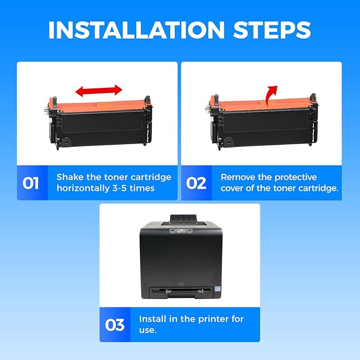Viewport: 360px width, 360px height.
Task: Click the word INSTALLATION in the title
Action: point(136,30)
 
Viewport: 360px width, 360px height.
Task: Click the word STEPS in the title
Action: point(272,30)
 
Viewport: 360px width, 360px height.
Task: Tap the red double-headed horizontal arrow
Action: point(99,91)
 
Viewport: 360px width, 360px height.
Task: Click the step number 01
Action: point(31,183)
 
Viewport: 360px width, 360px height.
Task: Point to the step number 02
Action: point(196,183)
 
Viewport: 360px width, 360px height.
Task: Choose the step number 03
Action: point(115,325)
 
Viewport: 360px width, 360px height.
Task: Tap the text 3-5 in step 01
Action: point(120,189)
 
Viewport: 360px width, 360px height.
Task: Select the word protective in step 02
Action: point(295,178)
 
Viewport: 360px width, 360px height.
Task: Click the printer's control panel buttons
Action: point(181,231)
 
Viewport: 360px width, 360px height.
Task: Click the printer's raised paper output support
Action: point(183,219)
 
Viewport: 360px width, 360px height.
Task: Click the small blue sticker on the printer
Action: point(217,288)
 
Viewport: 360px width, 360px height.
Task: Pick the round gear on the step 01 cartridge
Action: point(67,142)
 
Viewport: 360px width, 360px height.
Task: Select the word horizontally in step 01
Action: point(83,188)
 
